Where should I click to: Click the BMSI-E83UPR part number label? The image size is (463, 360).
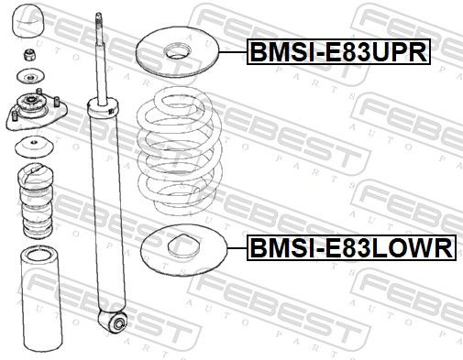pyautogui.click(x=338, y=52)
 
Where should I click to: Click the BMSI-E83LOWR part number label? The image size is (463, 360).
pyautogui.click(x=351, y=247)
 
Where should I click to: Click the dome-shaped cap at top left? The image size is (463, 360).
pyautogui.click(x=28, y=21)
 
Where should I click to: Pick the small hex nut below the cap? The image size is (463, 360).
pyautogui.click(x=30, y=55)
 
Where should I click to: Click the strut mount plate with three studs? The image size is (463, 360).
pyautogui.click(x=36, y=111)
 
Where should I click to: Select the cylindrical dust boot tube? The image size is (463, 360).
pyautogui.click(x=41, y=300)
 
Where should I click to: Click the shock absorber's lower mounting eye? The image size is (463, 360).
pyautogui.click(x=117, y=323)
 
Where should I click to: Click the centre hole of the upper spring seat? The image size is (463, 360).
pyautogui.click(x=178, y=51)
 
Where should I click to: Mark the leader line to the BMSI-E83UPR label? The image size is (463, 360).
pyautogui.click(x=234, y=52)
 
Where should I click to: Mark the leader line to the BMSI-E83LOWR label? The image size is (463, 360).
pyautogui.click(x=237, y=248)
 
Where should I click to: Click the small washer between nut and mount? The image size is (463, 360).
pyautogui.click(x=30, y=76)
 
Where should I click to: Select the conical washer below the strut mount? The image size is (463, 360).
pyautogui.click(x=34, y=147)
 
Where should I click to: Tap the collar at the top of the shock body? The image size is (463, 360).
pyautogui.click(x=103, y=107)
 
